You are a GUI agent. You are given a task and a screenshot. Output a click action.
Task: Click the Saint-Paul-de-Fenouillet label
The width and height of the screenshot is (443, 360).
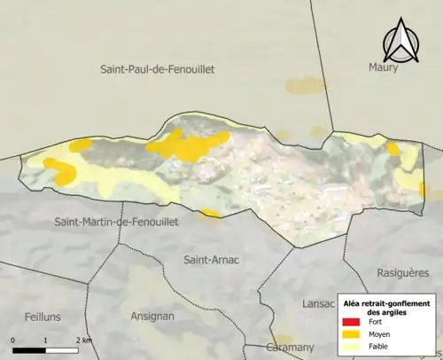point(158,69)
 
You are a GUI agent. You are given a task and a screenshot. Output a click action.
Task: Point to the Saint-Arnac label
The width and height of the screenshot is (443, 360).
point(212,260)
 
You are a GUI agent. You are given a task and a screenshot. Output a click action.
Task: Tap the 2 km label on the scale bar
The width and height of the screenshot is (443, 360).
point(83,340)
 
